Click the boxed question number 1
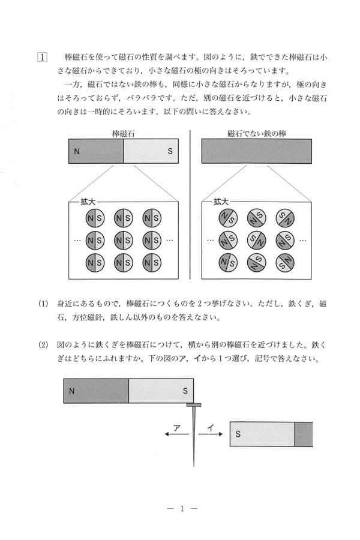[43, 58]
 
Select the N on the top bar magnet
[76, 152]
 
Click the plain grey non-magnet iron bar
[256, 151]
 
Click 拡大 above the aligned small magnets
[88, 203]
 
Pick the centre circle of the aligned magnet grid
[124, 240]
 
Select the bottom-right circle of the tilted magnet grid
[284, 262]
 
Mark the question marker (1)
[43, 304]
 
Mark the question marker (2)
[43, 346]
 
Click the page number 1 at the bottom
[180, 509]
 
